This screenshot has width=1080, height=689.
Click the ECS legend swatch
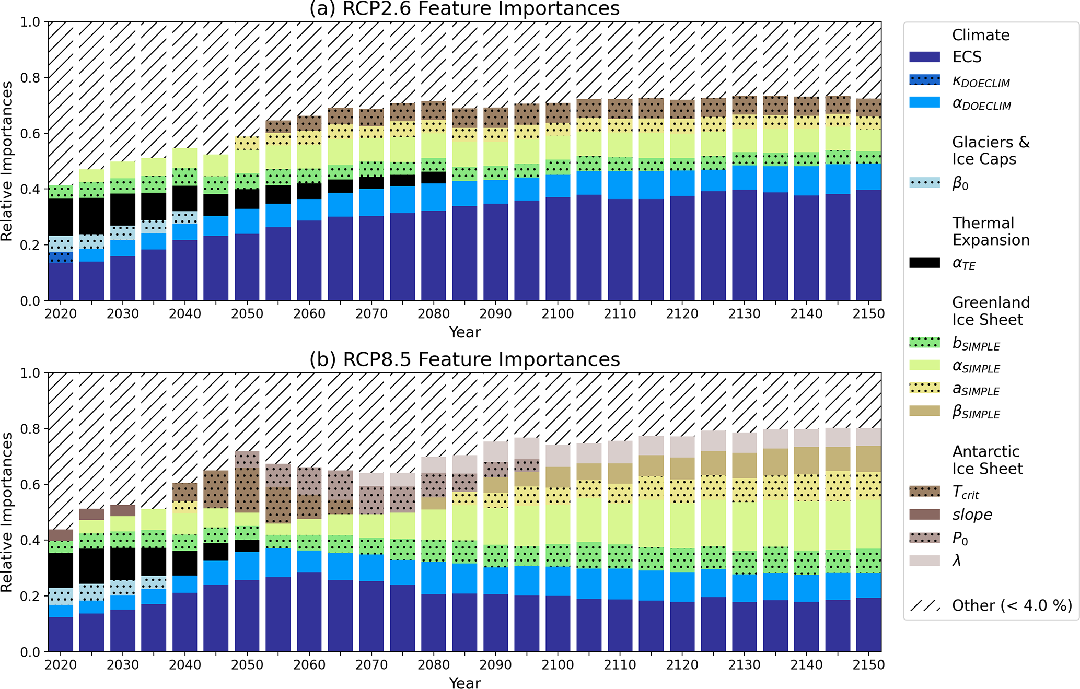(x=924, y=57)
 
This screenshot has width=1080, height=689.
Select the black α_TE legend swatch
(x=924, y=263)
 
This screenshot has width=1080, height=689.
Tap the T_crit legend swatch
(x=924, y=492)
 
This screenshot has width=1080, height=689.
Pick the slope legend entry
(x=972, y=515)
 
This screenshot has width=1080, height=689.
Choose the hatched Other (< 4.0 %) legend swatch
(x=924, y=606)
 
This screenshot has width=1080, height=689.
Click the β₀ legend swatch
(x=924, y=183)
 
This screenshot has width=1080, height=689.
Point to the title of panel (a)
(x=464, y=9)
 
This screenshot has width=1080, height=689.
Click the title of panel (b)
(x=464, y=359)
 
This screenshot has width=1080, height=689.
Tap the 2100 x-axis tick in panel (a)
(x=558, y=314)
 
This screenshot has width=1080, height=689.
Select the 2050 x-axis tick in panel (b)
(x=247, y=665)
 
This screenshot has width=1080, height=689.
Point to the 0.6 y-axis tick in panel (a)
(x=30, y=133)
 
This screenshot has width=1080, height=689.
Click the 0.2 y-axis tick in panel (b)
(x=30, y=596)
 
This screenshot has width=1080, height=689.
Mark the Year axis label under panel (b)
(x=464, y=682)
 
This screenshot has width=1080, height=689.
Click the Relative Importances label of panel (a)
(x=7, y=161)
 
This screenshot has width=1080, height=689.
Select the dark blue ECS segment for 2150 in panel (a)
(x=868, y=245)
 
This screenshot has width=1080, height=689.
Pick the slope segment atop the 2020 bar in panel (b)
(x=61, y=535)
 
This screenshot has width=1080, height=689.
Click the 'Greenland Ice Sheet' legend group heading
(x=990, y=311)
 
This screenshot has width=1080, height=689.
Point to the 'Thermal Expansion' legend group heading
(x=990, y=231)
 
